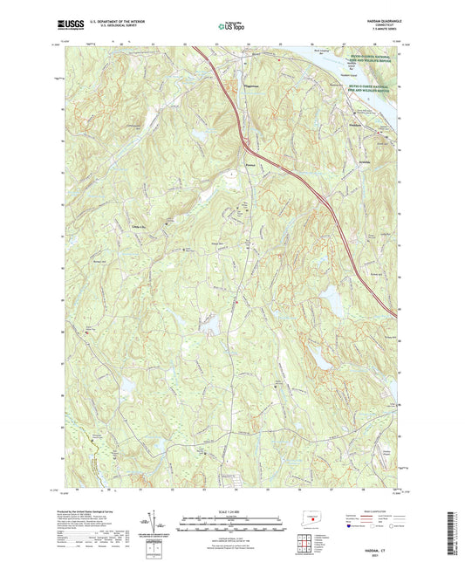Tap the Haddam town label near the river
(354, 124)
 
